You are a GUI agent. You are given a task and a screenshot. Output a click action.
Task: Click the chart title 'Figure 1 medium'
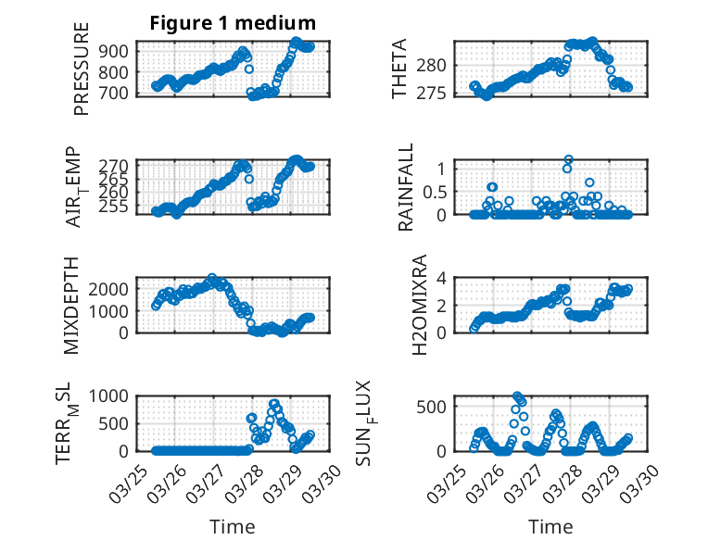(233, 22)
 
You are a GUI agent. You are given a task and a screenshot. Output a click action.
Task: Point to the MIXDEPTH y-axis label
(71, 306)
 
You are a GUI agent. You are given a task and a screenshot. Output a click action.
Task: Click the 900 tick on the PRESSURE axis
(116, 49)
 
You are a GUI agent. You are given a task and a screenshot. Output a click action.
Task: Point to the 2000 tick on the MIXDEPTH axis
(111, 288)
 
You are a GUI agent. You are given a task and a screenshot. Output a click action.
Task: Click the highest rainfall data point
(568, 159)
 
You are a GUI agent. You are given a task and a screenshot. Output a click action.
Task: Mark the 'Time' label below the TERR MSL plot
(232, 527)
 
